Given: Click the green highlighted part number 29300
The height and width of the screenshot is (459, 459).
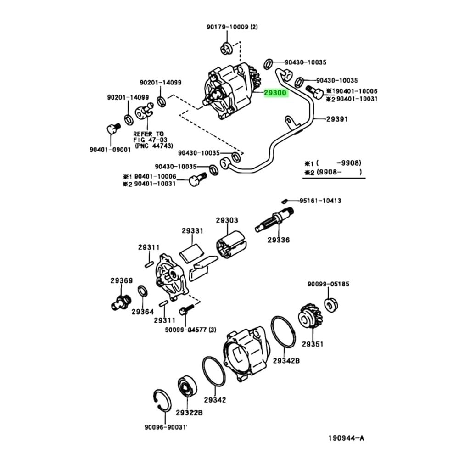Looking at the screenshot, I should click(x=275, y=93).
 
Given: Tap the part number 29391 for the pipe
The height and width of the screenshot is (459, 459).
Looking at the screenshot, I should click(x=337, y=119).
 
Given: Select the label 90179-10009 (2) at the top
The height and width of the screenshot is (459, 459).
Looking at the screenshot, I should click(x=231, y=27).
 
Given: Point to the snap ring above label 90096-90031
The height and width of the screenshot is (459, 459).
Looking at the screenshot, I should click(x=161, y=402).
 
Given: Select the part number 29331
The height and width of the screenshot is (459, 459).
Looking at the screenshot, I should click(x=192, y=231).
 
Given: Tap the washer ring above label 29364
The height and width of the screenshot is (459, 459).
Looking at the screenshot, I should click(x=142, y=291).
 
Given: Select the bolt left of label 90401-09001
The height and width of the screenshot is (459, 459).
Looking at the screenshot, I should click(x=112, y=129).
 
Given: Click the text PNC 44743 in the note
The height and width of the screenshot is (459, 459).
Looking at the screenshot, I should click(x=154, y=146).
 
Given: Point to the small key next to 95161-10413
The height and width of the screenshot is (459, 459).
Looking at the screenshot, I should click(x=285, y=200).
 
